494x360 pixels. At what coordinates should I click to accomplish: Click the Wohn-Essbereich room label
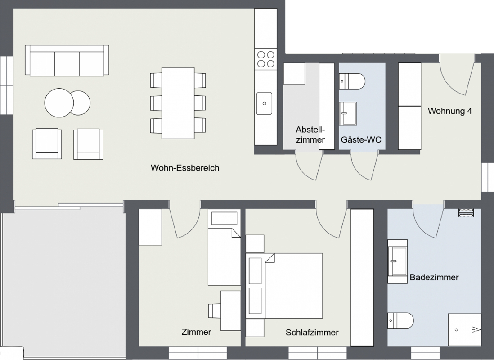[185, 168]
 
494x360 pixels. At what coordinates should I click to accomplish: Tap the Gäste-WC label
[361, 139]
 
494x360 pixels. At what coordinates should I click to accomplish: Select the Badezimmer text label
[434, 277]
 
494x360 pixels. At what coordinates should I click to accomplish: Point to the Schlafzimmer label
[312, 332]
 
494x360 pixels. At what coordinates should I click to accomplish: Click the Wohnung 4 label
[450, 111]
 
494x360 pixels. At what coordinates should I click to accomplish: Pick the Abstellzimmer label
[310, 135]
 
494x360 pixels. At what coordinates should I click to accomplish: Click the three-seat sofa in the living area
[67, 60]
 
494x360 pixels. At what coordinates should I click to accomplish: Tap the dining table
[178, 103]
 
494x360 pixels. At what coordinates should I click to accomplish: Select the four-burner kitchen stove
[265, 59]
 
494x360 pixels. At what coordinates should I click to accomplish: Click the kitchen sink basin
[265, 103]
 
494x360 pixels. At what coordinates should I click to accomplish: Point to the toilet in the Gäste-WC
[352, 81]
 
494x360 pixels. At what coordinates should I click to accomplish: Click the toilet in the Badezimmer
[400, 320]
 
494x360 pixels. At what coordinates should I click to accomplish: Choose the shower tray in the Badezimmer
[465, 329]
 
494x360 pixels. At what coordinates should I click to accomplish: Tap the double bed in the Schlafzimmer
[284, 286]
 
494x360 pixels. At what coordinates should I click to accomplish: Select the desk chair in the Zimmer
[215, 311]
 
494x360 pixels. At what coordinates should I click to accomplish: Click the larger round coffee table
[59, 103]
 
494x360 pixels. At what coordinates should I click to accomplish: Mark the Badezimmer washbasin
[397, 261]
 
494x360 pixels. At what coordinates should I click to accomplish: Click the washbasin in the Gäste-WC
[348, 113]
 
